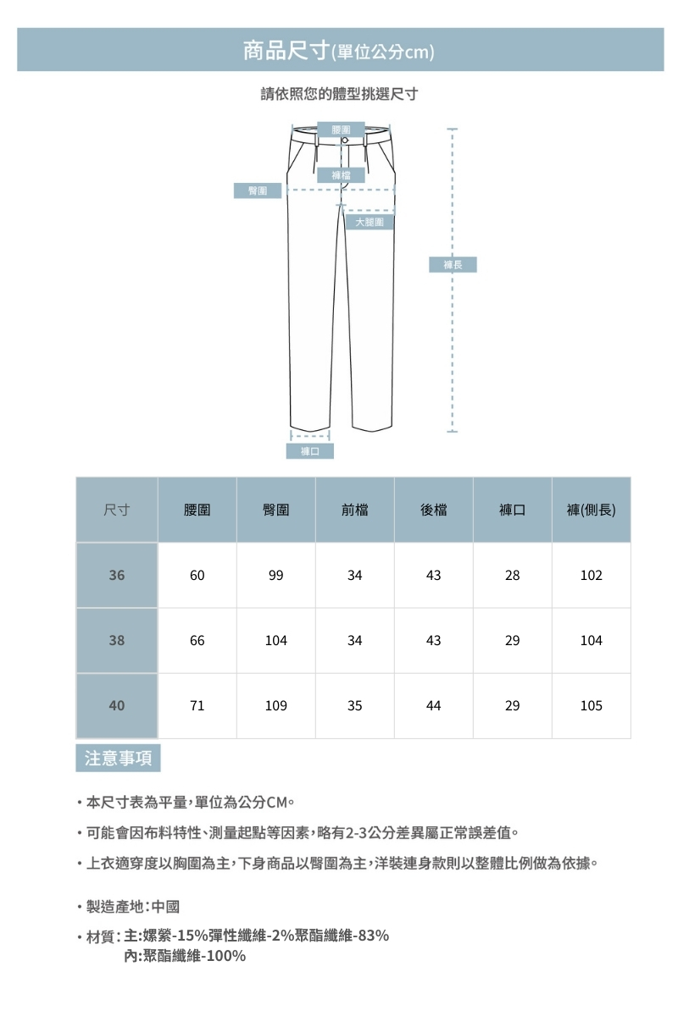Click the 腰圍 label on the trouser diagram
click(342, 129)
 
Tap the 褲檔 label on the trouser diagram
click(342, 175)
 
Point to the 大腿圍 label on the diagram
click(370, 222)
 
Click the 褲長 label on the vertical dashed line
click(453, 265)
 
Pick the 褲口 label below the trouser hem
click(309, 451)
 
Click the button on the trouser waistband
click(345, 140)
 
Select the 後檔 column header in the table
click(433, 510)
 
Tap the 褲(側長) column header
click(591, 510)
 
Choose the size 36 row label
click(117, 575)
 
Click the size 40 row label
click(117, 705)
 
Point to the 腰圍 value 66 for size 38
click(197, 641)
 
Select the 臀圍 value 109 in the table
click(275, 705)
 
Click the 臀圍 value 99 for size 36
click(275, 575)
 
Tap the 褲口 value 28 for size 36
click(512, 575)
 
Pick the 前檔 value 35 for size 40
click(354, 705)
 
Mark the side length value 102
click(591, 575)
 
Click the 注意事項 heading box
click(118, 758)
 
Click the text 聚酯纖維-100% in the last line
click(195, 956)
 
